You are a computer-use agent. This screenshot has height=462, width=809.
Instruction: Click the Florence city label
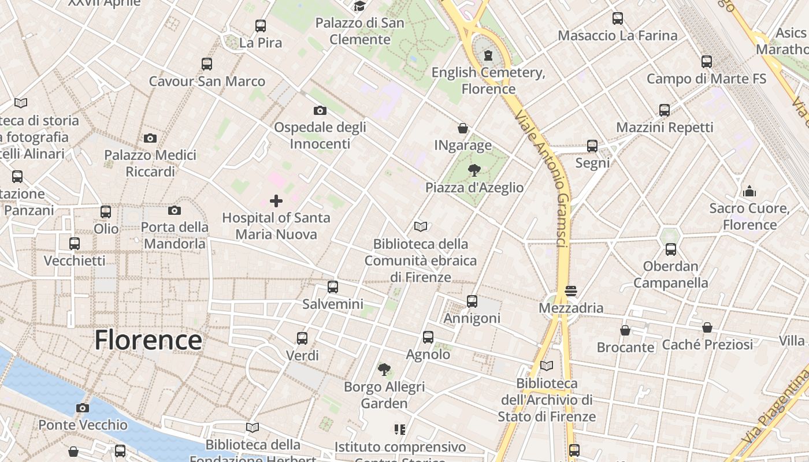[148, 340]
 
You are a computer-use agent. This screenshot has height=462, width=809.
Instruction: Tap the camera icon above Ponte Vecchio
[83, 408]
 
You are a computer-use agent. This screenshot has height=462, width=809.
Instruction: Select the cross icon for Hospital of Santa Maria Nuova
[276, 201]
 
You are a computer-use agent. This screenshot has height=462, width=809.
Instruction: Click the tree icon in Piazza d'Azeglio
[474, 170]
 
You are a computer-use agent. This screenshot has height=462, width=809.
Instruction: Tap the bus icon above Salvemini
[333, 287]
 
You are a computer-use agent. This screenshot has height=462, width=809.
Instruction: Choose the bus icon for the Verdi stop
[302, 338]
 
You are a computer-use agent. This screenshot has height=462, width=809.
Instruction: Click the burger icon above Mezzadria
[571, 291]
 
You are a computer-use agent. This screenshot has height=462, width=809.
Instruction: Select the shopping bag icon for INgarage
[463, 128]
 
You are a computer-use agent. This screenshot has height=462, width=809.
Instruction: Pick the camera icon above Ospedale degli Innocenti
[320, 110]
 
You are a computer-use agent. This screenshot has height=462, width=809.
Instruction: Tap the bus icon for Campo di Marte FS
[707, 62]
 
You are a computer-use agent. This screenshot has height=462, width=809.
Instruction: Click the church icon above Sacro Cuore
[749, 191]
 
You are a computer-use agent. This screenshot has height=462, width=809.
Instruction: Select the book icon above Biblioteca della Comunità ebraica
[421, 227]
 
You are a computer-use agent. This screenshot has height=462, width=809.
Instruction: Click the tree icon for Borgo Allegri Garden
[384, 369]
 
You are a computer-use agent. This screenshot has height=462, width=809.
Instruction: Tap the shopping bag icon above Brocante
[625, 330]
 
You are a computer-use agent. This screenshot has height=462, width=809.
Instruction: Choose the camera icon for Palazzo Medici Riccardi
[150, 138]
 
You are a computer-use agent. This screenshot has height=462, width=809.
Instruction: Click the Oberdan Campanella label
[671, 274]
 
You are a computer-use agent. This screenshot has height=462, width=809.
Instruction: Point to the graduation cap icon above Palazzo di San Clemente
[360, 6]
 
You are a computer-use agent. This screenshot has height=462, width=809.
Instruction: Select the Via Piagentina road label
[777, 407]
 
